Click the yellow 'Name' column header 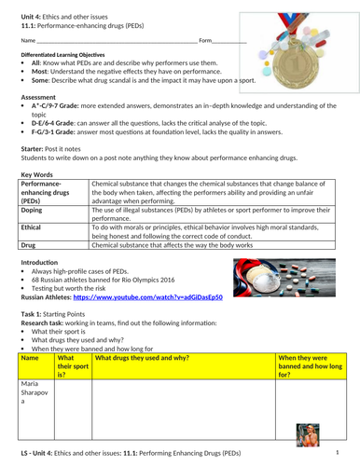point(36,364)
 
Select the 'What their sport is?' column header point(73,364)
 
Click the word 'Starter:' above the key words point(35,147)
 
